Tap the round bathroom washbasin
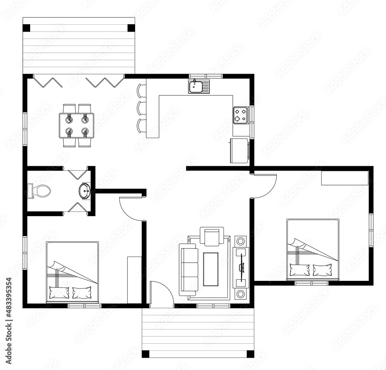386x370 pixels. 85,191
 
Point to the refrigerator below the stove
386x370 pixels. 239,151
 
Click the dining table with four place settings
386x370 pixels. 76,125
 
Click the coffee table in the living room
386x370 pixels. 211,269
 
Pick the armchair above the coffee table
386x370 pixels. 212,236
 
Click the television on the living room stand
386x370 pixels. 241,267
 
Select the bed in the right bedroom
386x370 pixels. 313,249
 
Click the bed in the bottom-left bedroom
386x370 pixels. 73,272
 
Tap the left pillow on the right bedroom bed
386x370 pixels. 300,270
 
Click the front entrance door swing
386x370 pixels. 159,293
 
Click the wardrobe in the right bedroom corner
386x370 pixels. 345,178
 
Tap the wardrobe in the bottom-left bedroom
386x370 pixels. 134,279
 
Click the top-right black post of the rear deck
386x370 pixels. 131,28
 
